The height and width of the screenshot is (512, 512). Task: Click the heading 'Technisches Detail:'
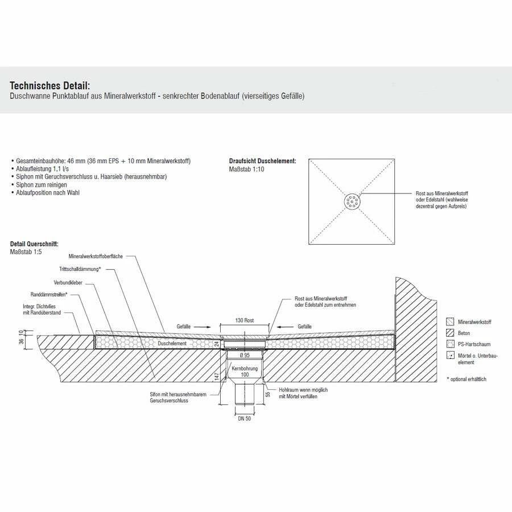[x=50, y=85]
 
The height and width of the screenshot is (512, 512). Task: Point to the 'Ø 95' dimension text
[x=245, y=355]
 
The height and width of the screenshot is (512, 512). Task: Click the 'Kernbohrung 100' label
[x=245, y=371]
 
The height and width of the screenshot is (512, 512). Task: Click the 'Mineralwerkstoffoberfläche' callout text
[x=100, y=257]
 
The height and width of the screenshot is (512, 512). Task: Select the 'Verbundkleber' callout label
[x=69, y=282]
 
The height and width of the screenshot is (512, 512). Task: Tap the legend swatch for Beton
[x=451, y=333]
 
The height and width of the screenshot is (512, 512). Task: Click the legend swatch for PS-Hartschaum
[x=451, y=344]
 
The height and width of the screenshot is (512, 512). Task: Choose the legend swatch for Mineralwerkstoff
[x=451, y=322]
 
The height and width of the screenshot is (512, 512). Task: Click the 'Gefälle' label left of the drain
[x=183, y=327]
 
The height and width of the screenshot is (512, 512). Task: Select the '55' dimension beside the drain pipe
[x=267, y=394]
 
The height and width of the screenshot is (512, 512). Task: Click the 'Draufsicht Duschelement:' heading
[x=262, y=161]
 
